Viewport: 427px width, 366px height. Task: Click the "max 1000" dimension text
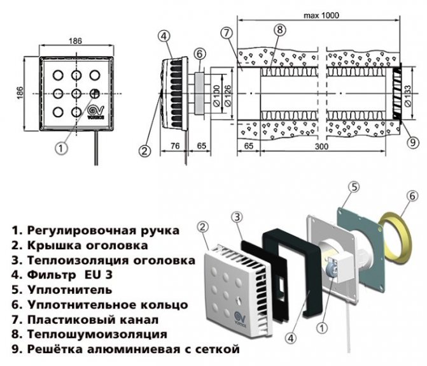(321, 15)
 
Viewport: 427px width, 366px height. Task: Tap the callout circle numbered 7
(227, 33)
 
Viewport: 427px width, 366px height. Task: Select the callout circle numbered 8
(281, 29)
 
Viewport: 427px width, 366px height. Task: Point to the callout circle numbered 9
(412, 142)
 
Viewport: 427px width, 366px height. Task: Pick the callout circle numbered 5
(353, 187)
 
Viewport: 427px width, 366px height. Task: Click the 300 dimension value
(321, 146)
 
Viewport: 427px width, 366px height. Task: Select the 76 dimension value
(175, 146)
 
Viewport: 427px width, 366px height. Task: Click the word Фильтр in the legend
(51, 275)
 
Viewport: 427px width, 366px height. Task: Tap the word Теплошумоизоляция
(97, 334)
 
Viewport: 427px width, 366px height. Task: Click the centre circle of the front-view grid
(76, 94)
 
